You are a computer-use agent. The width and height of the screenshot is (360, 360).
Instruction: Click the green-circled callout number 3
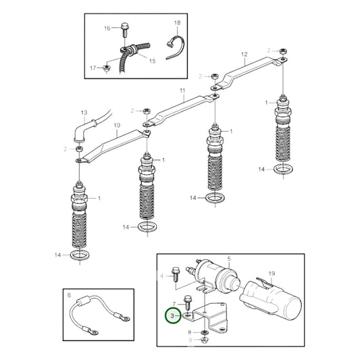(x=173, y=315)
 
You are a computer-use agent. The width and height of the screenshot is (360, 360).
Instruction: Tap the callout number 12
(x=245, y=54)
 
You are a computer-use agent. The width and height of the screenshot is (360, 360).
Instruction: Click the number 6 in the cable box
(x=68, y=294)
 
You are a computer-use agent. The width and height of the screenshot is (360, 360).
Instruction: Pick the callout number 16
(x=107, y=28)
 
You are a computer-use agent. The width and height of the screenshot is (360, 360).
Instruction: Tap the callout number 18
(x=177, y=23)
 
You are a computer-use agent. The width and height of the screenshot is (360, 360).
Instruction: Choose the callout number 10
(x=116, y=126)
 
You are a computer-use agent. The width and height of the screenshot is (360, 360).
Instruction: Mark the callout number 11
(x=182, y=90)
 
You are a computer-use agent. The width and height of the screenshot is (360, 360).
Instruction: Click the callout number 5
(x=228, y=259)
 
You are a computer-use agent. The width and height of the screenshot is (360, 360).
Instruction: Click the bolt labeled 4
(x=175, y=273)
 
